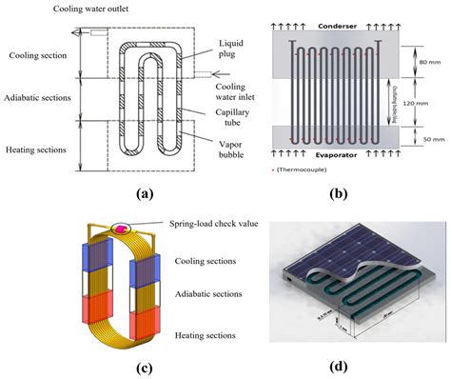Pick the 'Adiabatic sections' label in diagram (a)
pos(42,97)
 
